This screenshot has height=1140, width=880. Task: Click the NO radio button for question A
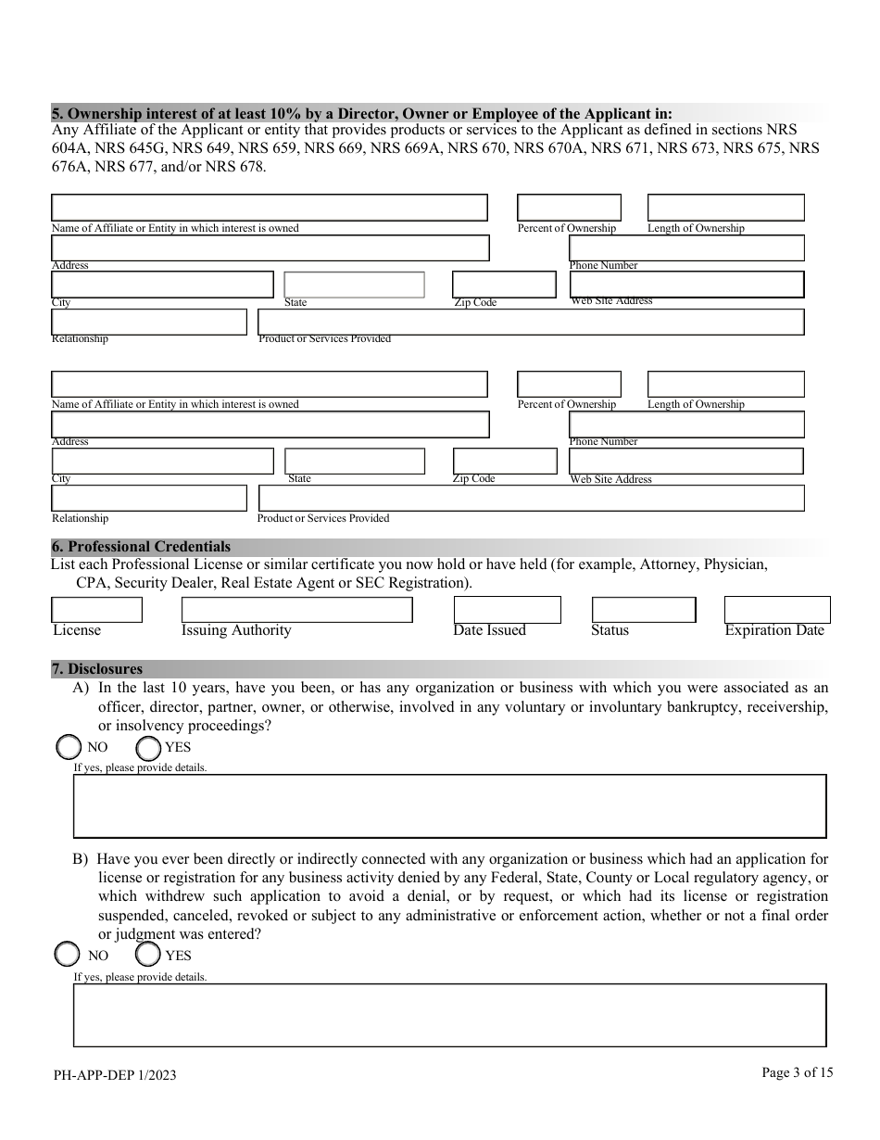coord(69,747)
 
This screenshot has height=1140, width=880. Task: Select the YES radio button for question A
coord(148,747)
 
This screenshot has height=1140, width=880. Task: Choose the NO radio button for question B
coord(68,955)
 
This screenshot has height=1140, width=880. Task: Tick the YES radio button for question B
coord(147,955)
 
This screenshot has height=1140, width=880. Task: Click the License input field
coord(97,610)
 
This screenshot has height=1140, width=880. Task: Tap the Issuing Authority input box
coord(296,610)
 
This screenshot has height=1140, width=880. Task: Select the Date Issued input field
coord(507,610)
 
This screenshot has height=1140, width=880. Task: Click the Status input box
coord(643,610)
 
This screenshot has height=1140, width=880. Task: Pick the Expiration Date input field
coord(776,610)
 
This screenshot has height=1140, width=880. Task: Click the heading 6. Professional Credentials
coord(141,547)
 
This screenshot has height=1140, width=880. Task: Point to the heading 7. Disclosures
coord(97,668)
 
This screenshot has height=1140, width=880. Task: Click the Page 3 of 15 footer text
coord(797,1072)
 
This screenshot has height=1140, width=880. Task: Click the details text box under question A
coord(449,806)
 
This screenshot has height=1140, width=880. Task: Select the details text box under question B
coord(449,1015)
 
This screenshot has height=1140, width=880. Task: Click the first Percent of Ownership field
coord(569,208)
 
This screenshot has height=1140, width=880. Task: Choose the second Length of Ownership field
coord(725,384)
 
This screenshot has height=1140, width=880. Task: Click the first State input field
coord(354,285)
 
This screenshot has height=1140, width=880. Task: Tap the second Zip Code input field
coord(504,461)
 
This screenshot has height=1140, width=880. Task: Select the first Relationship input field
coord(148,322)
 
